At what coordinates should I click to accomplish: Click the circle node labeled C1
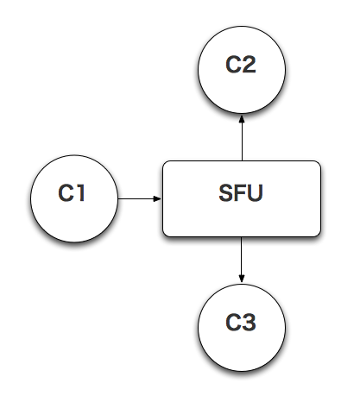click(73, 198)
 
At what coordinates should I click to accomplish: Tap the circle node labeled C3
click(241, 323)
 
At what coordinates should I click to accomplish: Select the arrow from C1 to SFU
click(138, 198)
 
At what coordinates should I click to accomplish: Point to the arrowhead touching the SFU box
click(158, 198)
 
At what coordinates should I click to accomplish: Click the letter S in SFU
click(226, 194)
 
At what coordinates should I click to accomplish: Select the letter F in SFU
click(240, 194)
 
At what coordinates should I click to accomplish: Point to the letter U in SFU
click(255, 194)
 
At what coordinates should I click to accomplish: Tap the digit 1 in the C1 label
click(81, 194)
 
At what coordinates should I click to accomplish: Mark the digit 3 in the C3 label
click(249, 323)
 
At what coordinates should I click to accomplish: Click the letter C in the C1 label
click(66, 194)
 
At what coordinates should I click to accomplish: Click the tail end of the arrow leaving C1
click(118, 198)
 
